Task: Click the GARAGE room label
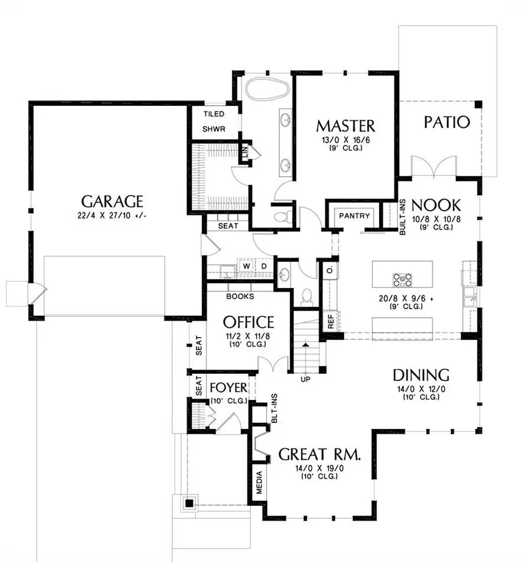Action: tap(112, 201)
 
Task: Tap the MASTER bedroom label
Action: tap(346, 126)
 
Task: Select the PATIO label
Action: tap(447, 122)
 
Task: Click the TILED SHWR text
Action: tap(214, 121)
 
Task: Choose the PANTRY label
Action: tap(354, 216)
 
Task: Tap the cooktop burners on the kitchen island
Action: tap(402, 280)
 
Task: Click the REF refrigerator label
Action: tap(331, 321)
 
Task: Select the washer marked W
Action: tap(247, 266)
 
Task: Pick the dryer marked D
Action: tap(264, 266)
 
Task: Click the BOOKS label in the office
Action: tap(240, 296)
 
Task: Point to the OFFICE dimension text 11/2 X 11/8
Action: tap(248, 336)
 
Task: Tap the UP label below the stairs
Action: tap(306, 379)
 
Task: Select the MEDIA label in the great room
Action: tap(260, 482)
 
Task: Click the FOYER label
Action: tap(228, 387)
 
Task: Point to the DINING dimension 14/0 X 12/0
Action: tap(421, 389)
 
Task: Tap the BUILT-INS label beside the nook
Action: tap(402, 217)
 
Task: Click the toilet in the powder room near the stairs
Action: tap(306, 296)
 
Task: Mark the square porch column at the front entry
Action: tap(189, 503)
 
